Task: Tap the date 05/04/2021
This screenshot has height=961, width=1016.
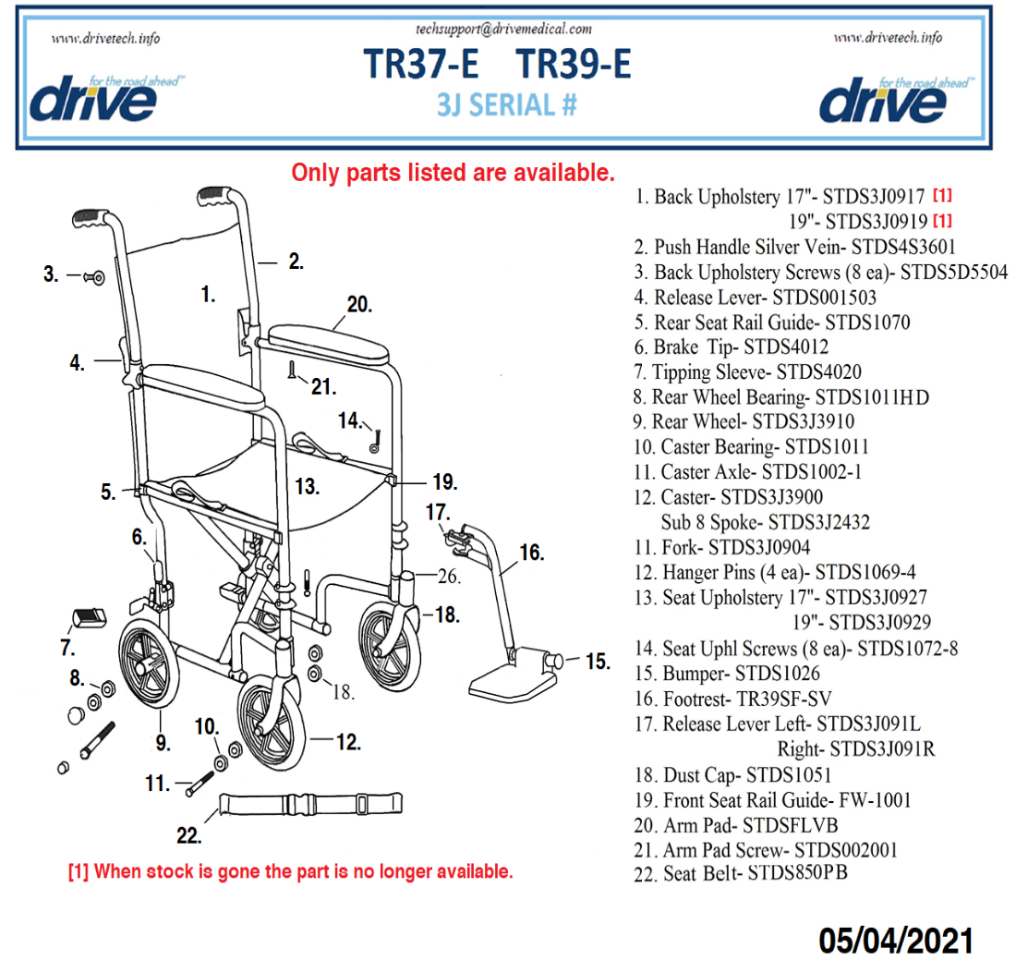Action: [x=896, y=940]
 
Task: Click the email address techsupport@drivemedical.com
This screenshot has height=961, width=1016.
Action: [x=505, y=29]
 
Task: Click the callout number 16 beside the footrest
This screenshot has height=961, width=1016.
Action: [x=531, y=553]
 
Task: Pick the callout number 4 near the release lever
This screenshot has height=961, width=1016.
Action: [x=77, y=363]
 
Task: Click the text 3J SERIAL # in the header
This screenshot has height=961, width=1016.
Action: [x=507, y=104]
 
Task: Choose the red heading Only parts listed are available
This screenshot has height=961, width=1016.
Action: [x=453, y=172]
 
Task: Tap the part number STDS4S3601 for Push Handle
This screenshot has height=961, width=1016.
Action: [x=903, y=247]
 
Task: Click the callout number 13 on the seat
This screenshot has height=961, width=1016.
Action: [x=307, y=486]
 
